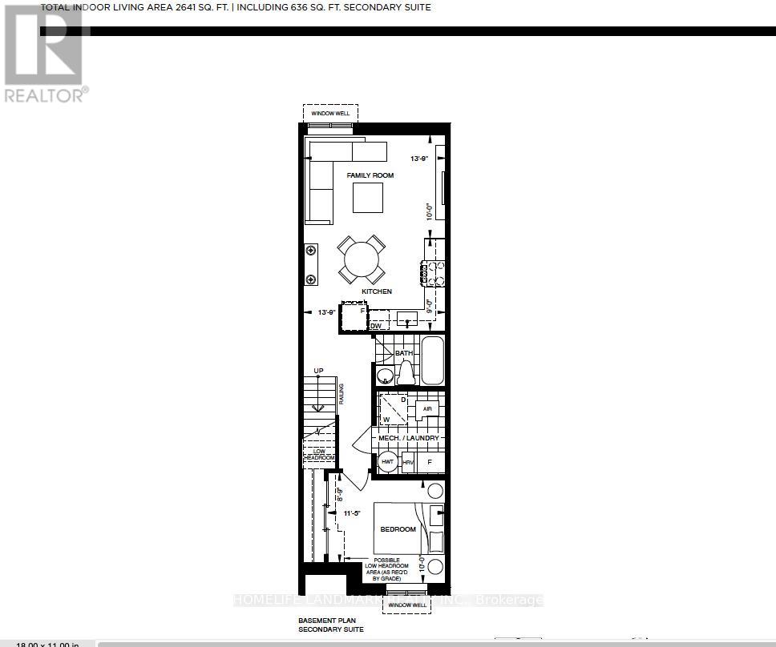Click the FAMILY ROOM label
[x=370, y=175]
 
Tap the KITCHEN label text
[x=376, y=291]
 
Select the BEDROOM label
[x=398, y=529]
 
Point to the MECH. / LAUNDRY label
[x=409, y=438]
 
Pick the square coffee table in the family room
[x=368, y=198]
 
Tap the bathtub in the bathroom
[x=432, y=360]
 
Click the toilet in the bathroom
[x=406, y=373]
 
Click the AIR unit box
[x=426, y=409]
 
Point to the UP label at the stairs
[x=318, y=370]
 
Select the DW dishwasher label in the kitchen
[x=375, y=325]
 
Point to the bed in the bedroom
[x=409, y=528]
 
